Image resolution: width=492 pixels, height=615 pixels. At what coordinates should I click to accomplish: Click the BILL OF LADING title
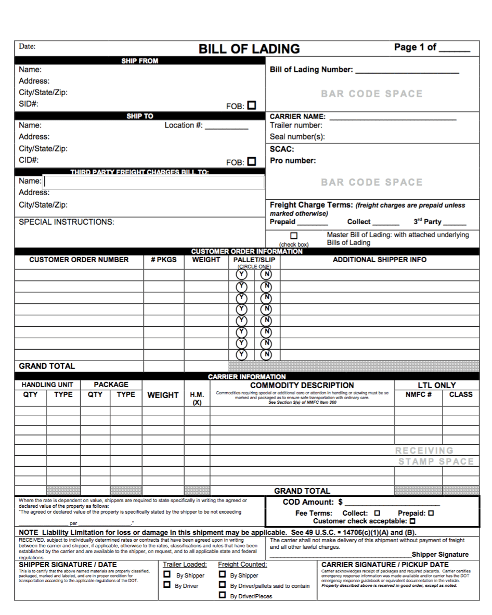pyautogui.click(x=249, y=49)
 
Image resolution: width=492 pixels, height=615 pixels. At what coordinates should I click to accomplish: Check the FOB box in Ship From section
pyautogui.click(x=252, y=105)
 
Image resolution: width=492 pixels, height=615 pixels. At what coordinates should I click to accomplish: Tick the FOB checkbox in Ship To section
pyautogui.click(x=252, y=161)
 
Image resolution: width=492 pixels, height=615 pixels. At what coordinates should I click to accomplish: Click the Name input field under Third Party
pyautogui.click(x=154, y=182)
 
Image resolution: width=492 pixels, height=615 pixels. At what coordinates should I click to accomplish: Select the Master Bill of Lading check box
pyautogui.click(x=294, y=236)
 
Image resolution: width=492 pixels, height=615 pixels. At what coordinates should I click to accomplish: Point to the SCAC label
pyautogui.click(x=282, y=149)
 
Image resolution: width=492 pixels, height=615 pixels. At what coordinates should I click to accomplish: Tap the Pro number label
pyautogui.click(x=293, y=161)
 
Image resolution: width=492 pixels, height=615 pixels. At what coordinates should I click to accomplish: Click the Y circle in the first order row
pyautogui.click(x=241, y=274)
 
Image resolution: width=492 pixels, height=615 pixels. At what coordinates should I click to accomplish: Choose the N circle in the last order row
pyautogui.click(x=266, y=355)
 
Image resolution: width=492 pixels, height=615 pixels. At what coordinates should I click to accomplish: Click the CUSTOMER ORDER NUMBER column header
pyautogui.click(x=79, y=260)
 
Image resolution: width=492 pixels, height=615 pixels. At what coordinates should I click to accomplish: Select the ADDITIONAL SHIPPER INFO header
pyautogui.click(x=379, y=260)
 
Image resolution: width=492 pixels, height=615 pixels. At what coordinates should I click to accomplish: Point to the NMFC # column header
pyautogui.click(x=419, y=394)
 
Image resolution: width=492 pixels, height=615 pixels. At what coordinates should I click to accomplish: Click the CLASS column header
pyautogui.click(x=461, y=394)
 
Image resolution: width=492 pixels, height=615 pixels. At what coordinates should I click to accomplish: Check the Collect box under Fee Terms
pyautogui.click(x=377, y=513)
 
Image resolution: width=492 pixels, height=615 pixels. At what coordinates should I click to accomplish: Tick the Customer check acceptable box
pyautogui.click(x=412, y=521)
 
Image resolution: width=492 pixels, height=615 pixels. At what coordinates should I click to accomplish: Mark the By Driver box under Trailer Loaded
pyautogui.click(x=167, y=585)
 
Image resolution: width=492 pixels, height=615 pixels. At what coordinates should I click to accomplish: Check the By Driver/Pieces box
pyautogui.click(x=222, y=596)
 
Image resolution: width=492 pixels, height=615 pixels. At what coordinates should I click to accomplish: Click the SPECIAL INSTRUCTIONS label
pyautogui.click(x=67, y=222)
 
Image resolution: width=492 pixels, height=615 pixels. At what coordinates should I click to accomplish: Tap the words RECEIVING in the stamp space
pyautogui.click(x=424, y=451)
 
